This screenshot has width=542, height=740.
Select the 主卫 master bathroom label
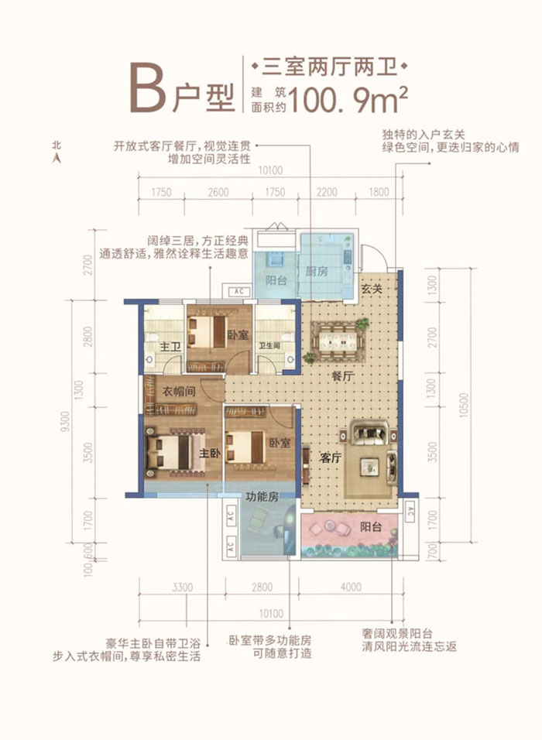click(170, 348)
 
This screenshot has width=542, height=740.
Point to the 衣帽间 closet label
click(179, 392)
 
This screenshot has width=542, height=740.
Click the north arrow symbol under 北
click(56, 158)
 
